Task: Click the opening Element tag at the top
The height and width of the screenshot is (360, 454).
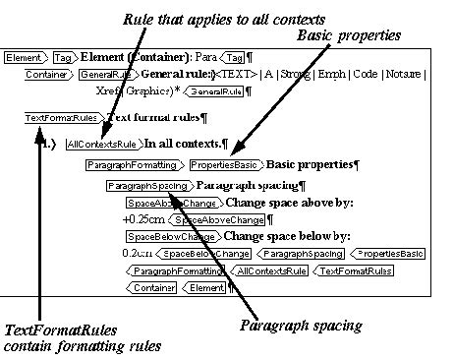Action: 24,58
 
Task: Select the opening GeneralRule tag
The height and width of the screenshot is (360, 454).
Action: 98,74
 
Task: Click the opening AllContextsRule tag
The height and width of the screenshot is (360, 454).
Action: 102,144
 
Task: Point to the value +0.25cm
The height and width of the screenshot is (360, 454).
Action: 142,219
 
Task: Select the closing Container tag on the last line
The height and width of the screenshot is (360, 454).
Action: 153,288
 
